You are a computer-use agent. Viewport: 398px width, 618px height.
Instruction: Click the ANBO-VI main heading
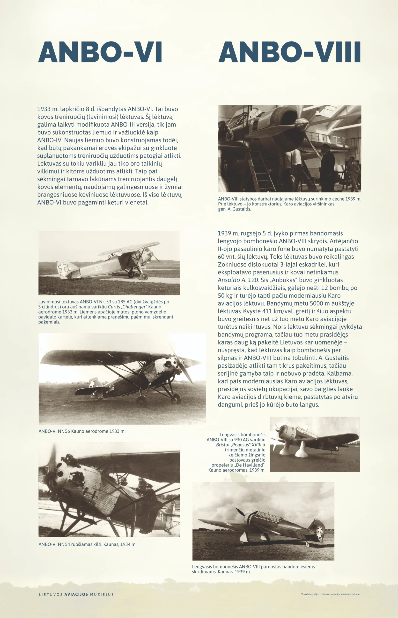pos(100,52)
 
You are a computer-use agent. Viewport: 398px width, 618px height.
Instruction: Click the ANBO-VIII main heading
pos(289,52)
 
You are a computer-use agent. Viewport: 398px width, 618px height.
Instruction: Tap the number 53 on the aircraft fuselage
pos(98,269)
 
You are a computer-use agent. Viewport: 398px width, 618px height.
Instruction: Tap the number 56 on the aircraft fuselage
pos(111,388)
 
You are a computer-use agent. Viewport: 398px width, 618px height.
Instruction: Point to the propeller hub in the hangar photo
pos(301,121)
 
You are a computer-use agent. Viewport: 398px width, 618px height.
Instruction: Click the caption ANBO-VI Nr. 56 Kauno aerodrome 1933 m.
pos(82,431)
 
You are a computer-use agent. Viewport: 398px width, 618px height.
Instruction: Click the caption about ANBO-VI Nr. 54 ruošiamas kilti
pos(87,544)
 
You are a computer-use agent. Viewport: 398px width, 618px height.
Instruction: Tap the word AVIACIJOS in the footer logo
pos(76,594)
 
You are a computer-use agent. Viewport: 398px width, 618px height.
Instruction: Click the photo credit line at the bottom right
pos(330,594)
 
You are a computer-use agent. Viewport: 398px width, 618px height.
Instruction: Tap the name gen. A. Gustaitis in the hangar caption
pos(234,209)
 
